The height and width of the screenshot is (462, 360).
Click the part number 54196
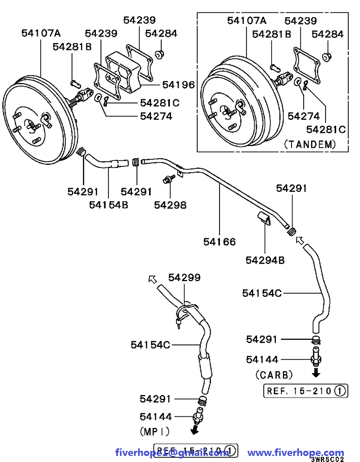click(178, 85)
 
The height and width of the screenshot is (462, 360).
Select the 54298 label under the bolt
click(170, 205)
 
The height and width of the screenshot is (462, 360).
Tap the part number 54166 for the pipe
click(220, 242)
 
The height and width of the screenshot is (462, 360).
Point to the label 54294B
click(265, 260)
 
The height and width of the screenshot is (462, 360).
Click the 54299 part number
click(184, 277)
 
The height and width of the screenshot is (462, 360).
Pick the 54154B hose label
click(109, 205)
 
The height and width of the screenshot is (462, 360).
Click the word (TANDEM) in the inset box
click(310, 144)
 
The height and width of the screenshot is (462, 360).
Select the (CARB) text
click(274, 375)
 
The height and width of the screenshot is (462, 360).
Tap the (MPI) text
click(154, 431)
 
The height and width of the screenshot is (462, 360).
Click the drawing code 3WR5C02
click(328, 458)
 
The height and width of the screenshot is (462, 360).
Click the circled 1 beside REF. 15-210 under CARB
click(341, 390)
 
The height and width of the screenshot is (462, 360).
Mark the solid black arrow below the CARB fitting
click(315, 373)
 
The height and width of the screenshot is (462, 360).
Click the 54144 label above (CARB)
click(262, 360)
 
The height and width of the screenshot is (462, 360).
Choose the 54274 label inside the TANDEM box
click(304, 116)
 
